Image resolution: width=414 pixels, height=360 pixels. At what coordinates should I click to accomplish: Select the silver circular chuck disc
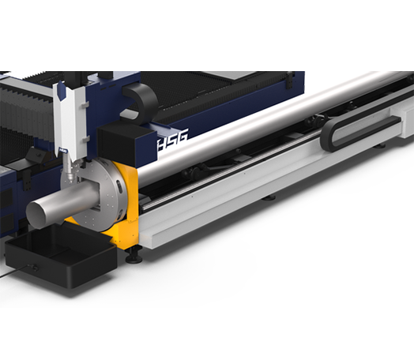click(95, 195)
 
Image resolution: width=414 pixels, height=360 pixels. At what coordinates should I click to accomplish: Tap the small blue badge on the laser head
click(63, 150)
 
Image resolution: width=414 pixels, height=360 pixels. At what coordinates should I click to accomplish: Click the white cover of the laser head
click(71, 118)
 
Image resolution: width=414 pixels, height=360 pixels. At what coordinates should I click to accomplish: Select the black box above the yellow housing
click(126, 144)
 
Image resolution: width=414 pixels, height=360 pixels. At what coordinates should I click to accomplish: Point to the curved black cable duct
click(142, 99)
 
